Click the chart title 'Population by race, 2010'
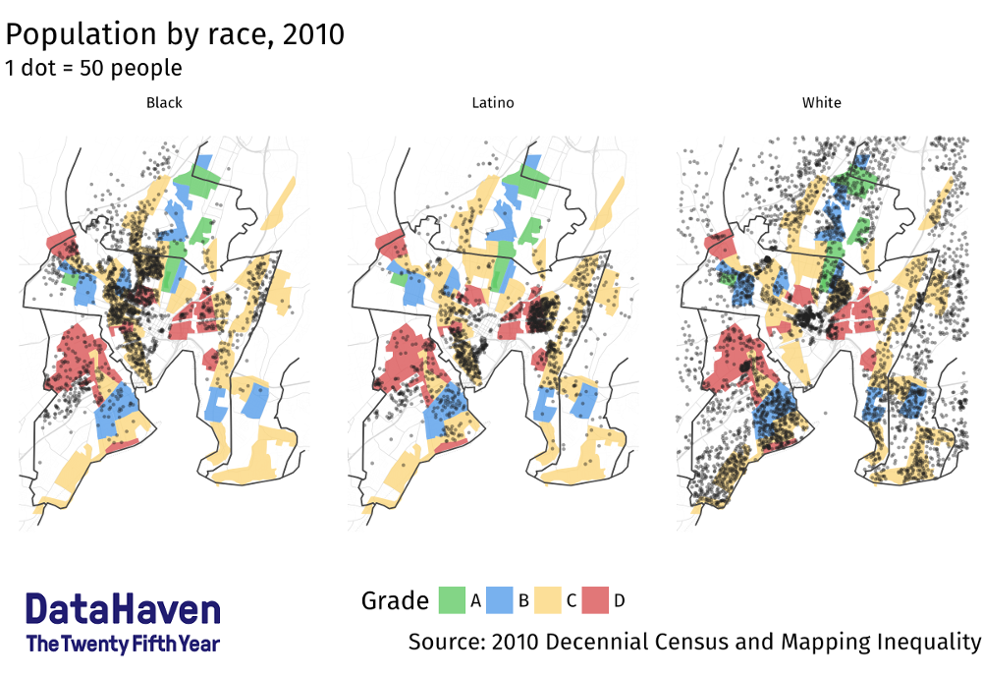coord(175,34)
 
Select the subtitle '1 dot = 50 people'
coord(93,68)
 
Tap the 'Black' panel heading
coord(164,102)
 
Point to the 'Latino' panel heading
coord(492,102)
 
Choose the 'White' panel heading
coord(821,102)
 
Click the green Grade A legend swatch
coord(452,600)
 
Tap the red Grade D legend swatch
coord(596,600)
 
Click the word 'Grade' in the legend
coord(395,600)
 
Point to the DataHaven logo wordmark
coord(123,610)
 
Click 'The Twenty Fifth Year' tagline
coord(123,645)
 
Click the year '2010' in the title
coord(312,34)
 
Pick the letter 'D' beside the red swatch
coord(619,600)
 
